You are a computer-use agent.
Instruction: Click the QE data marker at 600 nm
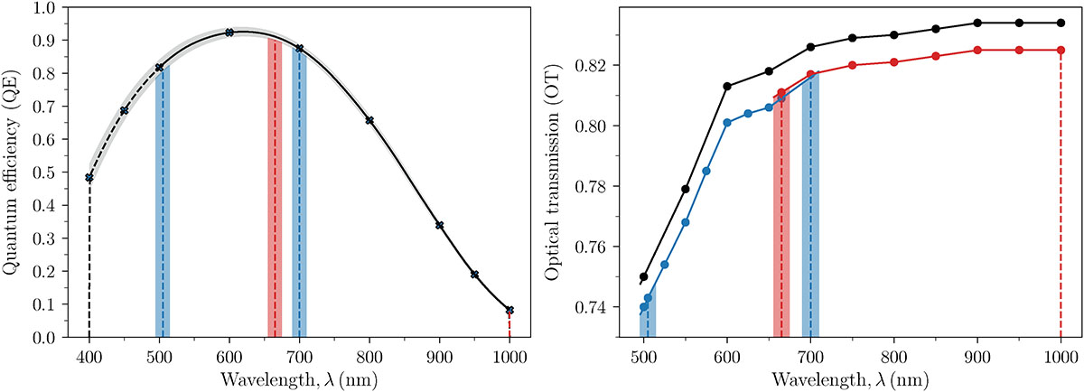click(229, 32)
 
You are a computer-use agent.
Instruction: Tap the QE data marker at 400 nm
click(89, 177)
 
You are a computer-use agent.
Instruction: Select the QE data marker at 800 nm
click(369, 120)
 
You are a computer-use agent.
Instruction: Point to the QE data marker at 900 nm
click(440, 225)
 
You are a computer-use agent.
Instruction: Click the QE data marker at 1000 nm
click(510, 310)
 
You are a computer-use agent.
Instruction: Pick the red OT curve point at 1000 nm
click(1061, 50)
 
